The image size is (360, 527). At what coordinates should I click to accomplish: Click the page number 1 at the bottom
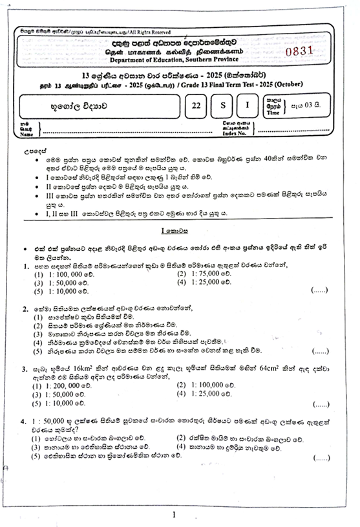pos(175,515)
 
